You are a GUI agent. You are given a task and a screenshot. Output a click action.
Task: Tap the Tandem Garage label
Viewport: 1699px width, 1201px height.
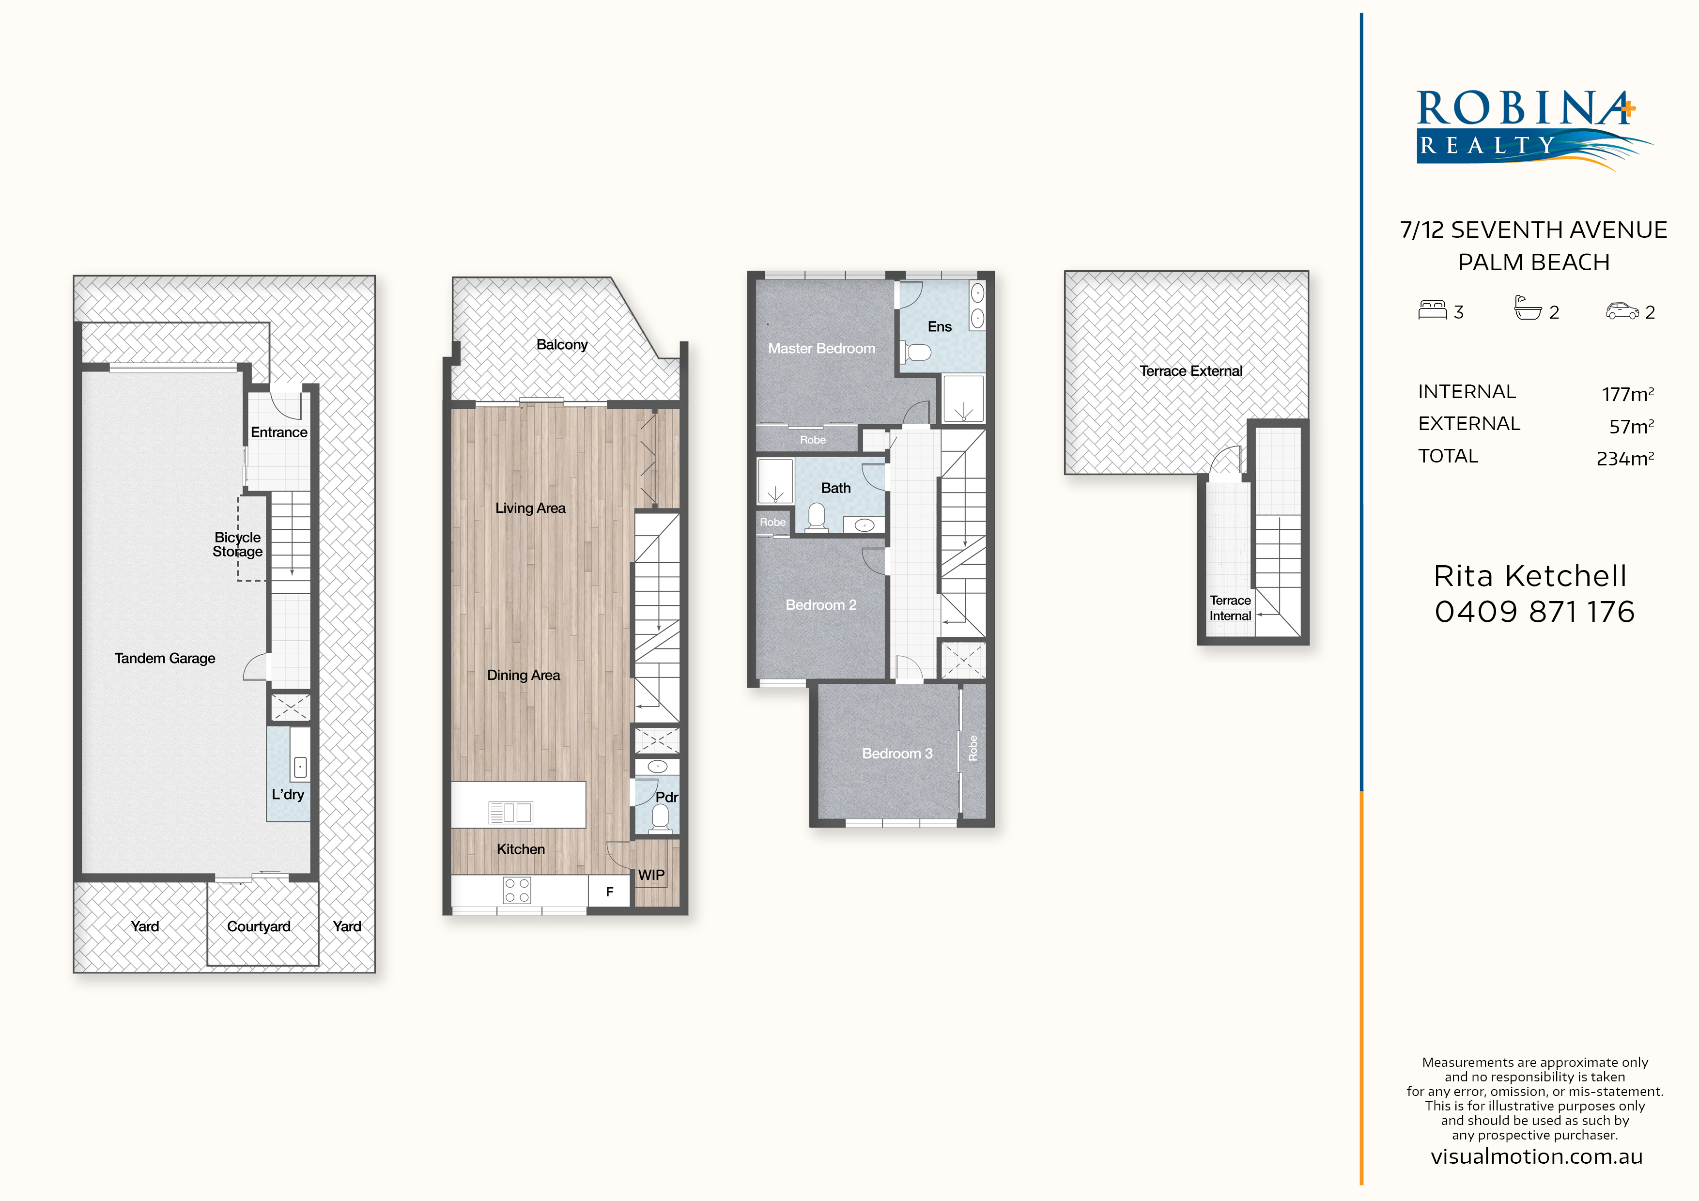(165, 658)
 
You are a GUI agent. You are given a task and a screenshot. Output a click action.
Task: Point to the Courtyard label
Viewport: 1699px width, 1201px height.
(258, 926)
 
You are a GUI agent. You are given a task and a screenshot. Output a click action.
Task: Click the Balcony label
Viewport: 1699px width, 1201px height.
(562, 344)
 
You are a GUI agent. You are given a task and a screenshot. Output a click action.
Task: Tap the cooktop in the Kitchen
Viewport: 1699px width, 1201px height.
(516, 890)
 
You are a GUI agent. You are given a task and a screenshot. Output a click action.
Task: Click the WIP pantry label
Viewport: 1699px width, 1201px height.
(651, 875)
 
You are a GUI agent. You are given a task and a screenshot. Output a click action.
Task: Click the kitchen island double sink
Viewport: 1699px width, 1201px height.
(510, 813)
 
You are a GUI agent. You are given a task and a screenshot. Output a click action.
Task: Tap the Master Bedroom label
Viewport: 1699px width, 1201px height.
(821, 348)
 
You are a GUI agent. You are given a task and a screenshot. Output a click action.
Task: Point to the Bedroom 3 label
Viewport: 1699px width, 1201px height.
(897, 754)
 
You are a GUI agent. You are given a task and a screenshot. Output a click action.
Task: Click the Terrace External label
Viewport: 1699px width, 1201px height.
(1190, 371)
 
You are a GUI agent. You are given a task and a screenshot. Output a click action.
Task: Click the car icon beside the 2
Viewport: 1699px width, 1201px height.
(1622, 311)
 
